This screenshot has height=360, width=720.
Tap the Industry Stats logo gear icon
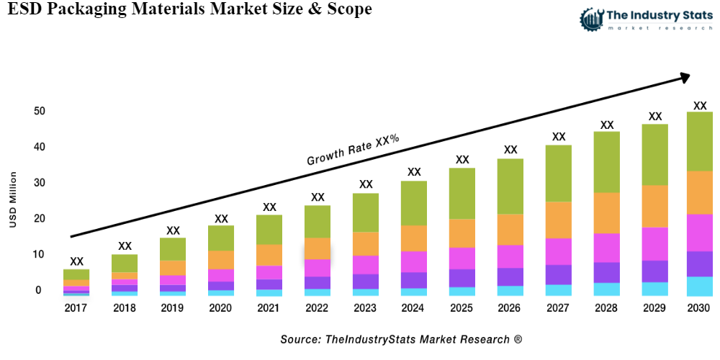coord(592,18)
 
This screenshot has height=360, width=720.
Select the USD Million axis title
coord(13,199)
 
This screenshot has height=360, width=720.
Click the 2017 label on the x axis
coord(76,308)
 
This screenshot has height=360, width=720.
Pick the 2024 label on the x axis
coord(414,308)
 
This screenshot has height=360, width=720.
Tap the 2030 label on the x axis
coord(699,308)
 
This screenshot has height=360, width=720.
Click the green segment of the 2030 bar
coord(699,141)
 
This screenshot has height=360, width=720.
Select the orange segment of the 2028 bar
coord(607,213)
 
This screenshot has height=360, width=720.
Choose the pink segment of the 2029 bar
coord(654,243)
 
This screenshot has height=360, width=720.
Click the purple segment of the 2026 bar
coord(510,276)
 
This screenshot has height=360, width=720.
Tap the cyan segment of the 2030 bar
coord(699,286)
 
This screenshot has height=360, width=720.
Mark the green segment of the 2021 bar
coord(269,230)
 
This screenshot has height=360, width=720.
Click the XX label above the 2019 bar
coord(173,230)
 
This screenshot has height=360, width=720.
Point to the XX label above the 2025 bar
coord(462,160)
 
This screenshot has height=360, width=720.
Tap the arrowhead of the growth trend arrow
coord(684,76)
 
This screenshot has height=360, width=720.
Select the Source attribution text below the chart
coord(401,339)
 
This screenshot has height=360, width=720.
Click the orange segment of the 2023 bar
coord(366,243)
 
